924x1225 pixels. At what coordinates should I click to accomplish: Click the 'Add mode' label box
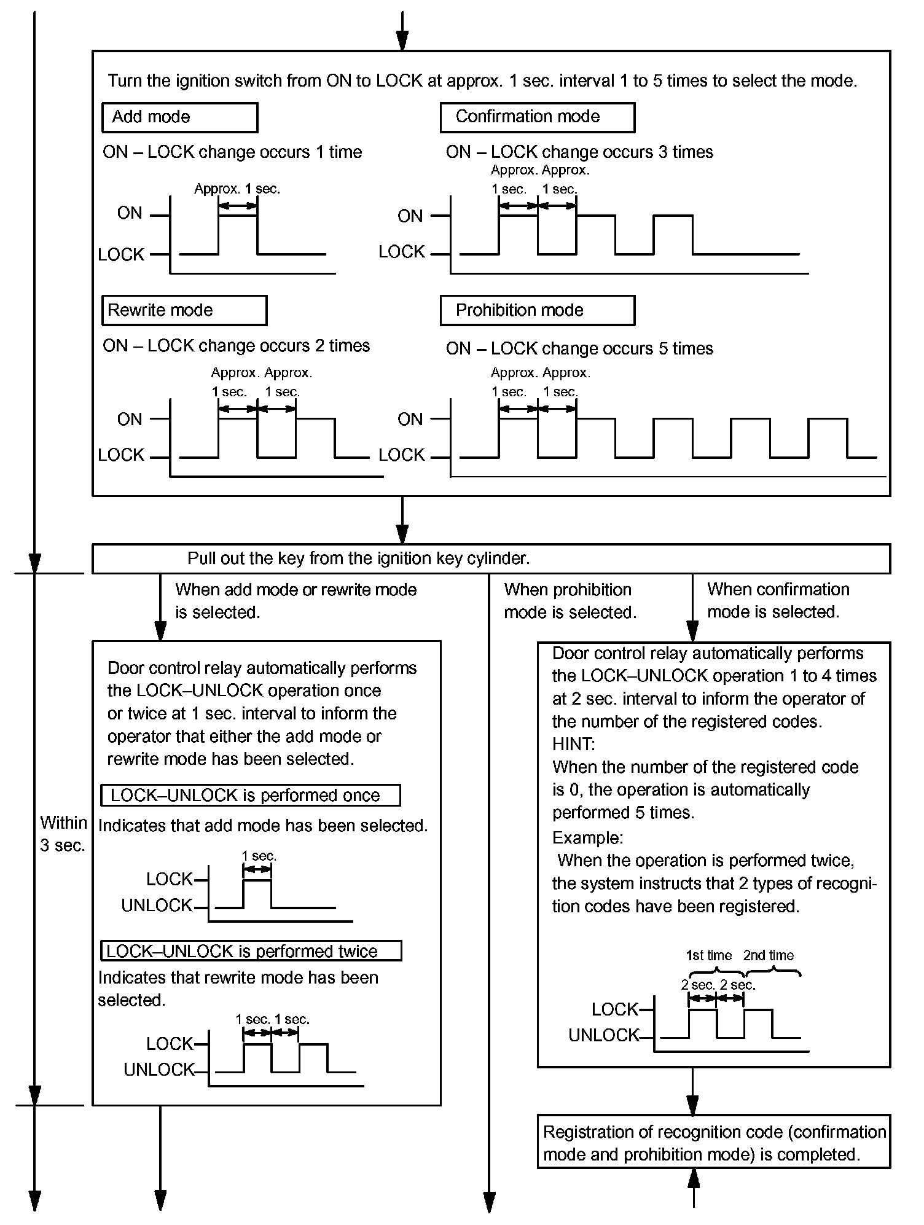tap(179, 117)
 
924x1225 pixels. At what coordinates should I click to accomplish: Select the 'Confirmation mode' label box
tap(537, 117)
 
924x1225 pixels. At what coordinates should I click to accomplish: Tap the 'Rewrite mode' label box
tap(184, 310)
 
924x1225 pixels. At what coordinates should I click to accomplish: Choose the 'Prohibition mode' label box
tap(537, 310)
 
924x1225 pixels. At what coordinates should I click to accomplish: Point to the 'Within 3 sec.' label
tap(63, 834)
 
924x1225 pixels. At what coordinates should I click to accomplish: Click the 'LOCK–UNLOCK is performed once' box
tap(250, 795)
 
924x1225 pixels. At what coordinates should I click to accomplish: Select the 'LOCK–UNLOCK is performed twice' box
tap(251, 951)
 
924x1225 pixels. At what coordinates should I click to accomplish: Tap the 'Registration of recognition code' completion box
tap(713, 1143)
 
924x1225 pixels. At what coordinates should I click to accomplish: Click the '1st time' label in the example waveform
tap(709, 955)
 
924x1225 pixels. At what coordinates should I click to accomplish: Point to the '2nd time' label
tap(768, 955)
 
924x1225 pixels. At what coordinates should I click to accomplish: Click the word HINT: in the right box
tap(573, 744)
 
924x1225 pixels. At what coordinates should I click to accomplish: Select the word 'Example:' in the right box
tap(587, 838)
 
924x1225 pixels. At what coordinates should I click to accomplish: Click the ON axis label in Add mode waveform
tap(130, 213)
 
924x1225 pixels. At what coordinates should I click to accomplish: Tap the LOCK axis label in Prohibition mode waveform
tap(402, 455)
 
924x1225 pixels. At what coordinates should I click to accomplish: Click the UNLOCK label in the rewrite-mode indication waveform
tap(159, 1070)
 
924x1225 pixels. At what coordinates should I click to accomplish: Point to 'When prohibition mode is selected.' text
tap(570, 601)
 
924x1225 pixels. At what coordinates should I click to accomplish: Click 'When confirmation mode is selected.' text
tap(777, 601)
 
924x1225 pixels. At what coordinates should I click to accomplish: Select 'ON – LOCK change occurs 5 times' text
tap(579, 348)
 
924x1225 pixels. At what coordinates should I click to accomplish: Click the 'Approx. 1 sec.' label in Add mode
tap(237, 189)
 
